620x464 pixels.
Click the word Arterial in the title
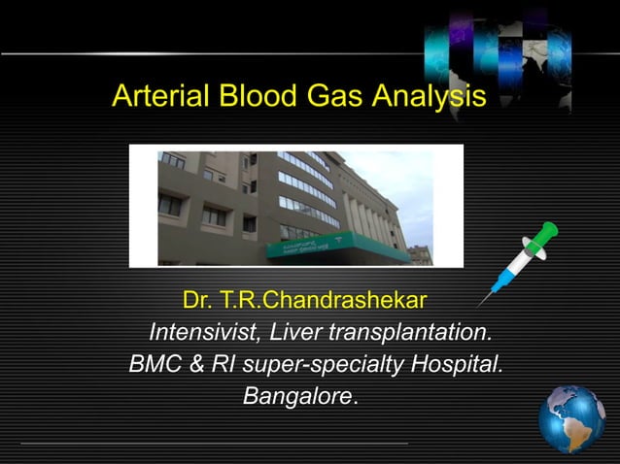tap(160, 97)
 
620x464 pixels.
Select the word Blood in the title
tap(256, 97)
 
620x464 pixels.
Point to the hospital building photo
tap(295, 206)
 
